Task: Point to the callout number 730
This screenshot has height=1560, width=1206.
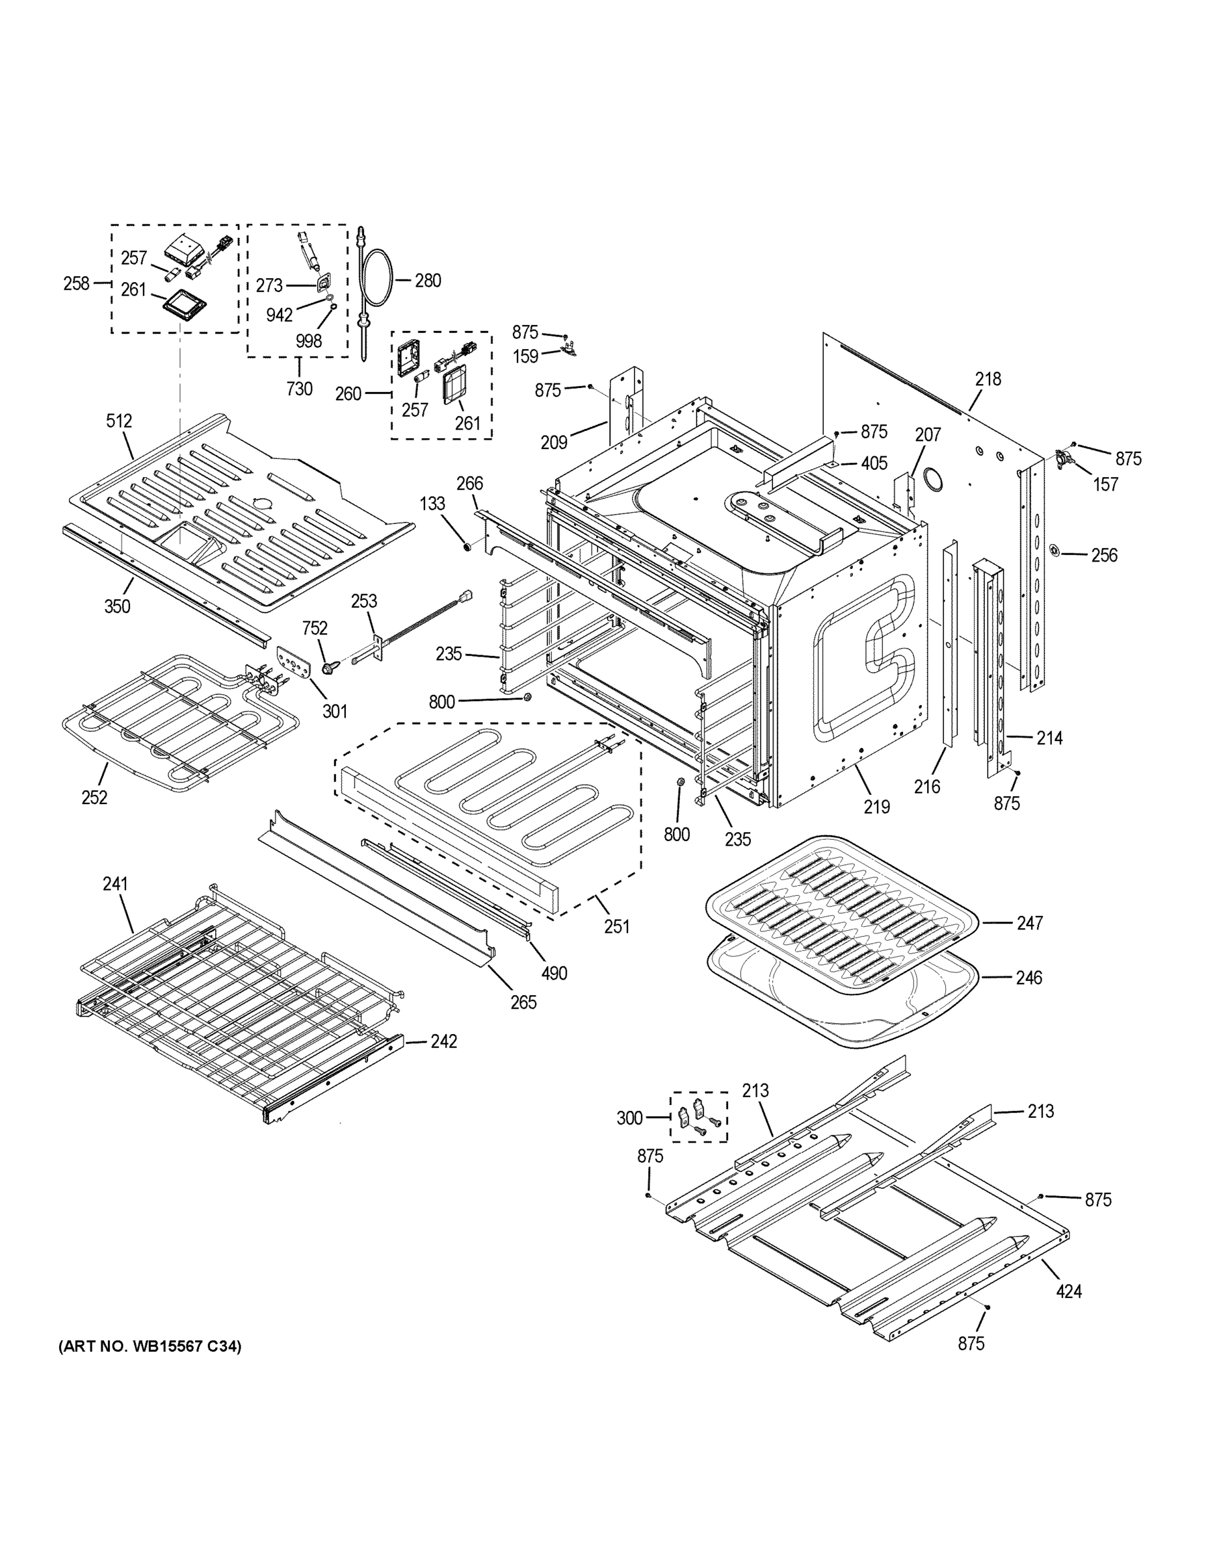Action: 298,389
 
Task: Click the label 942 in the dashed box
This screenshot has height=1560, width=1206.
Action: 280,316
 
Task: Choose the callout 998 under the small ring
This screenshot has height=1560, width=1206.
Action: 309,341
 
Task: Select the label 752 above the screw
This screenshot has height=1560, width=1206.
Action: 315,628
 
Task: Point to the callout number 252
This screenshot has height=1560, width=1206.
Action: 94,797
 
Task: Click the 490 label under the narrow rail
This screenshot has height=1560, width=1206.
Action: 555,973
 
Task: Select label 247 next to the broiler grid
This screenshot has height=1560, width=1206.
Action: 1030,924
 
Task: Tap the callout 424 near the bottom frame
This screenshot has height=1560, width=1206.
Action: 1068,1291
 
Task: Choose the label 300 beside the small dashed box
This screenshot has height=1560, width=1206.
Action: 629,1118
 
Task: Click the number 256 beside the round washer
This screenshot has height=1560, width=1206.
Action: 1104,555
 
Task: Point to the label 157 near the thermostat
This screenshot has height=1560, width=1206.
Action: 1105,484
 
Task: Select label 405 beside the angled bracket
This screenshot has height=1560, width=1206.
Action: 874,463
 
